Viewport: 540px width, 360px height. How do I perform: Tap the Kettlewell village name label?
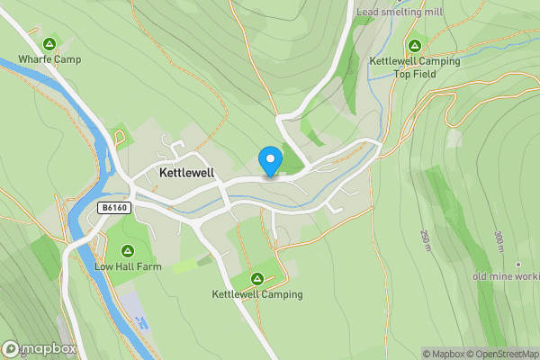185,172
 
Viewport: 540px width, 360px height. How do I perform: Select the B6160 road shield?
112,207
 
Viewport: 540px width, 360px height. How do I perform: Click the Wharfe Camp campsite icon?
49,44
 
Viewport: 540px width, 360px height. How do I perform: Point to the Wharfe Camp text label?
49,60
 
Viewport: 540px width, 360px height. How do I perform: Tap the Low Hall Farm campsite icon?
128,250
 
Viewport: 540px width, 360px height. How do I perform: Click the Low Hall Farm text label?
127,266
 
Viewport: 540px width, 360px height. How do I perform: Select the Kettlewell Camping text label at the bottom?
257,294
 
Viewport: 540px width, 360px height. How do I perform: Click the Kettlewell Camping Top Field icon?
415,45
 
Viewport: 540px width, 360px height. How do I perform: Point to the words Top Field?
415,75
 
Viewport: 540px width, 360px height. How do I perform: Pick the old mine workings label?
508,275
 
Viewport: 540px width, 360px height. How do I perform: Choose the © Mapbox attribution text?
444,354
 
